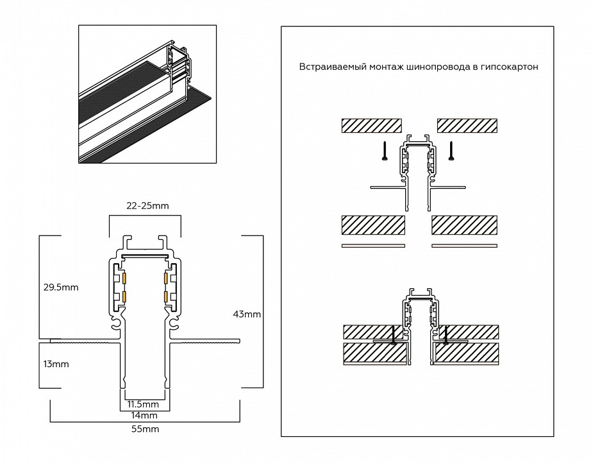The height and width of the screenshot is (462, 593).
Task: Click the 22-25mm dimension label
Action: pos(147,205)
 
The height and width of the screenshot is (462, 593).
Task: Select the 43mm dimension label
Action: pos(247,314)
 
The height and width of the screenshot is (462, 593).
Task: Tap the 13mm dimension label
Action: pos(57,364)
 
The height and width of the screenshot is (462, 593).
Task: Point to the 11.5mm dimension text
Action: pos(142,404)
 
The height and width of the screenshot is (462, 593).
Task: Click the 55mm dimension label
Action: pos(146,429)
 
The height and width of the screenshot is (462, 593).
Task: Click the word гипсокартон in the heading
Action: pos(509,67)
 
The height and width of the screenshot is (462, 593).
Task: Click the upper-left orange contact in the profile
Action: pos(124,278)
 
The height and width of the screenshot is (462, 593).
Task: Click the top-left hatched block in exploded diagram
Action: pos(371,125)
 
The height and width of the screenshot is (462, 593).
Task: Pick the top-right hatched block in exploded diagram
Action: pos(467,125)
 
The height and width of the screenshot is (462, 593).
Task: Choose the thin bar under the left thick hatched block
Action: pos(373,246)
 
